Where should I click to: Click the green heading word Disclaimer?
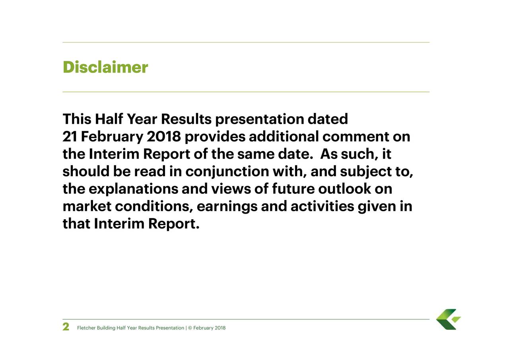(x=105, y=68)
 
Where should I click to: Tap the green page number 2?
(x=66, y=327)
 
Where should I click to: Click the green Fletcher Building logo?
(x=448, y=319)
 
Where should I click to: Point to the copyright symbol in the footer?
(x=190, y=328)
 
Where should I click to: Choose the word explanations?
(x=134, y=189)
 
